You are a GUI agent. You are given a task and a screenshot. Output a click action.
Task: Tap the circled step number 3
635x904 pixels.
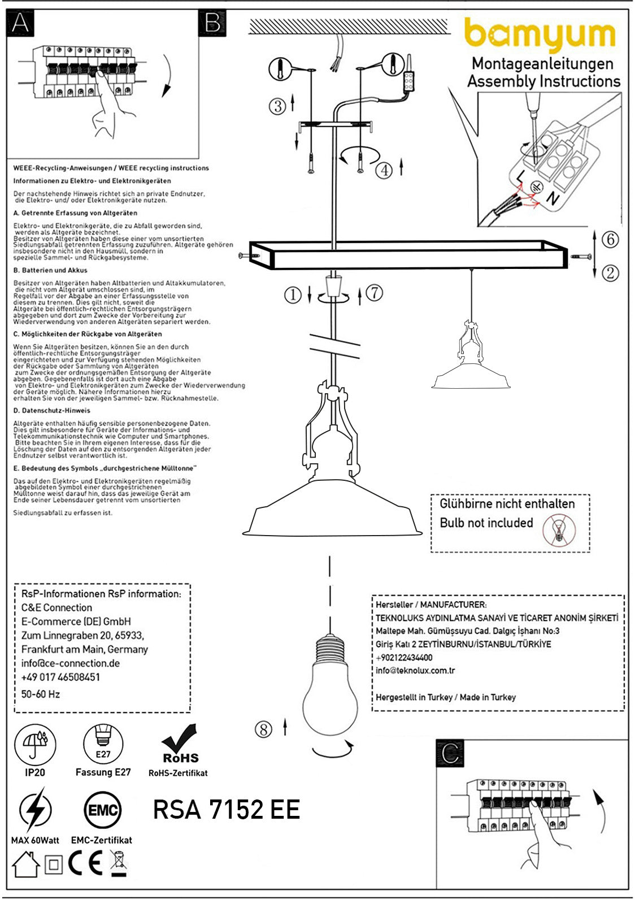[277, 106]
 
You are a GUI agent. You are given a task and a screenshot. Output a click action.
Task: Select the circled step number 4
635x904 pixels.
[384, 169]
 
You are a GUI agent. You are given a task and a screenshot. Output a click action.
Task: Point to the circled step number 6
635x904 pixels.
[610, 240]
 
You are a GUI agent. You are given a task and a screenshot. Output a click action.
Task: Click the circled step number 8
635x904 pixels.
[263, 729]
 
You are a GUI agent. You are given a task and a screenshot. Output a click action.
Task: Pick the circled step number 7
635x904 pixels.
[374, 293]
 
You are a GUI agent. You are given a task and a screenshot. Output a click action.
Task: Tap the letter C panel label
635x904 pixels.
[450, 753]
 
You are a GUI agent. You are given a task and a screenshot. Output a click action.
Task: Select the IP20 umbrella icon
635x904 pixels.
[35, 744]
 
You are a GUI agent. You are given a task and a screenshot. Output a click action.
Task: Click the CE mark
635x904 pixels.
[85, 863]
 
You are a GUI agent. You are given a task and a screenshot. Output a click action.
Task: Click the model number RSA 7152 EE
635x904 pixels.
[226, 810]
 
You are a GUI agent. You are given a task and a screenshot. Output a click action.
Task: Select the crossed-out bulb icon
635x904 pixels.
[559, 531]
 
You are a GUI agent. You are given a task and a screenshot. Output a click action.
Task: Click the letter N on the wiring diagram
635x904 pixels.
[551, 198]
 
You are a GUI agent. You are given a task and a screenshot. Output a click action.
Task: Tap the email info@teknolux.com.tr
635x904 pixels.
[415, 671]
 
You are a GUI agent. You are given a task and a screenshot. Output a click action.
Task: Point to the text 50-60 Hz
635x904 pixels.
[41, 694]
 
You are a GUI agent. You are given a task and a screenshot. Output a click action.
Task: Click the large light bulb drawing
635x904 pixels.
[330, 689]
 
